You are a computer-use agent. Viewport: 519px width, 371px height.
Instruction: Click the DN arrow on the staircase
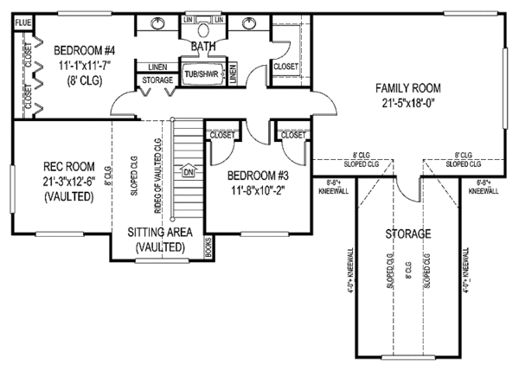[x=188, y=170]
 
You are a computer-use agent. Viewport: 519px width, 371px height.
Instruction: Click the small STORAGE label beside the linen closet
[x=157, y=80]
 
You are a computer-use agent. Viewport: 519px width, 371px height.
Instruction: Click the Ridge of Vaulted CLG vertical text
[x=157, y=169]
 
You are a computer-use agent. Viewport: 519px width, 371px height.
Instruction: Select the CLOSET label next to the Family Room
[x=286, y=65]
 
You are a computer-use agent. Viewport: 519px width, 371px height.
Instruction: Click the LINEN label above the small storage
[x=157, y=67]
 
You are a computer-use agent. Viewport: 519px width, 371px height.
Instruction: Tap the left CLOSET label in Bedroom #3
[x=222, y=135]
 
